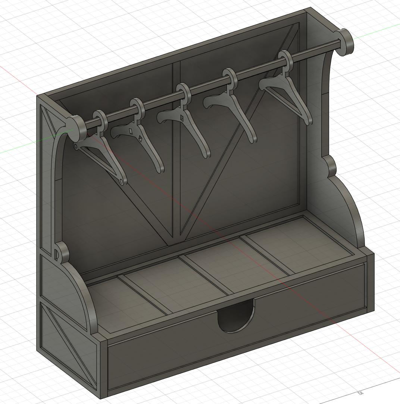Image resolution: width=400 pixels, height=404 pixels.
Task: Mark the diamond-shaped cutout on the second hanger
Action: click(141, 139)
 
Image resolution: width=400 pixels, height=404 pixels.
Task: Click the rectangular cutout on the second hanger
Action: click(131, 132)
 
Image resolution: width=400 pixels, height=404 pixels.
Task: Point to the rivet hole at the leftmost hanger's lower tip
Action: click(121, 182)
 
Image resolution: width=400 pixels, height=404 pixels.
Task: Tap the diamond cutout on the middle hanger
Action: click(182, 118)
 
